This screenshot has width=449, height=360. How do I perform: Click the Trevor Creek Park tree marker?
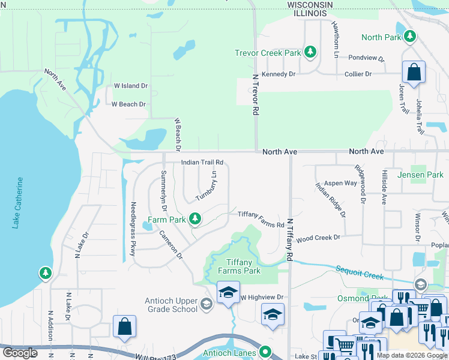tap(310, 53)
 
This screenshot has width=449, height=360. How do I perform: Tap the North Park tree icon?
tap(411, 37)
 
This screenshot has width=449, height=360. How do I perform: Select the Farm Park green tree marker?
tap(194, 220)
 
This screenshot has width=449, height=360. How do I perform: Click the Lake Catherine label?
tap(19, 202)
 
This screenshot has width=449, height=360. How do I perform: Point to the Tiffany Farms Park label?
tap(239, 266)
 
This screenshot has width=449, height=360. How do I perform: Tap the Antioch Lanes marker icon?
tap(265, 352)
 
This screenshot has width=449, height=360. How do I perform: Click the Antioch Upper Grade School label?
tap(171, 305)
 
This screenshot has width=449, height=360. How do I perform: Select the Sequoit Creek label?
tap(360, 274)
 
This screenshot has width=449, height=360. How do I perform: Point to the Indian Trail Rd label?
tap(202, 162)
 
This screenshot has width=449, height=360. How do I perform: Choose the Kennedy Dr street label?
tap(279, 74)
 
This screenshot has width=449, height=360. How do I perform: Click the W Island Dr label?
tap(130, 86)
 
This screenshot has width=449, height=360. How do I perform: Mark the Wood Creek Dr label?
tap(318, 238)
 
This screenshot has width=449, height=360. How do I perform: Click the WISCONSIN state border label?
tap(310, 4)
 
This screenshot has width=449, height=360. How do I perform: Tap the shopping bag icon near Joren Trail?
tap(414, 73)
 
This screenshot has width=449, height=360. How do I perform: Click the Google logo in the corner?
tap(19, 353)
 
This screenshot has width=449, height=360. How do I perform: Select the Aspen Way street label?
tap(340, 183)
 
